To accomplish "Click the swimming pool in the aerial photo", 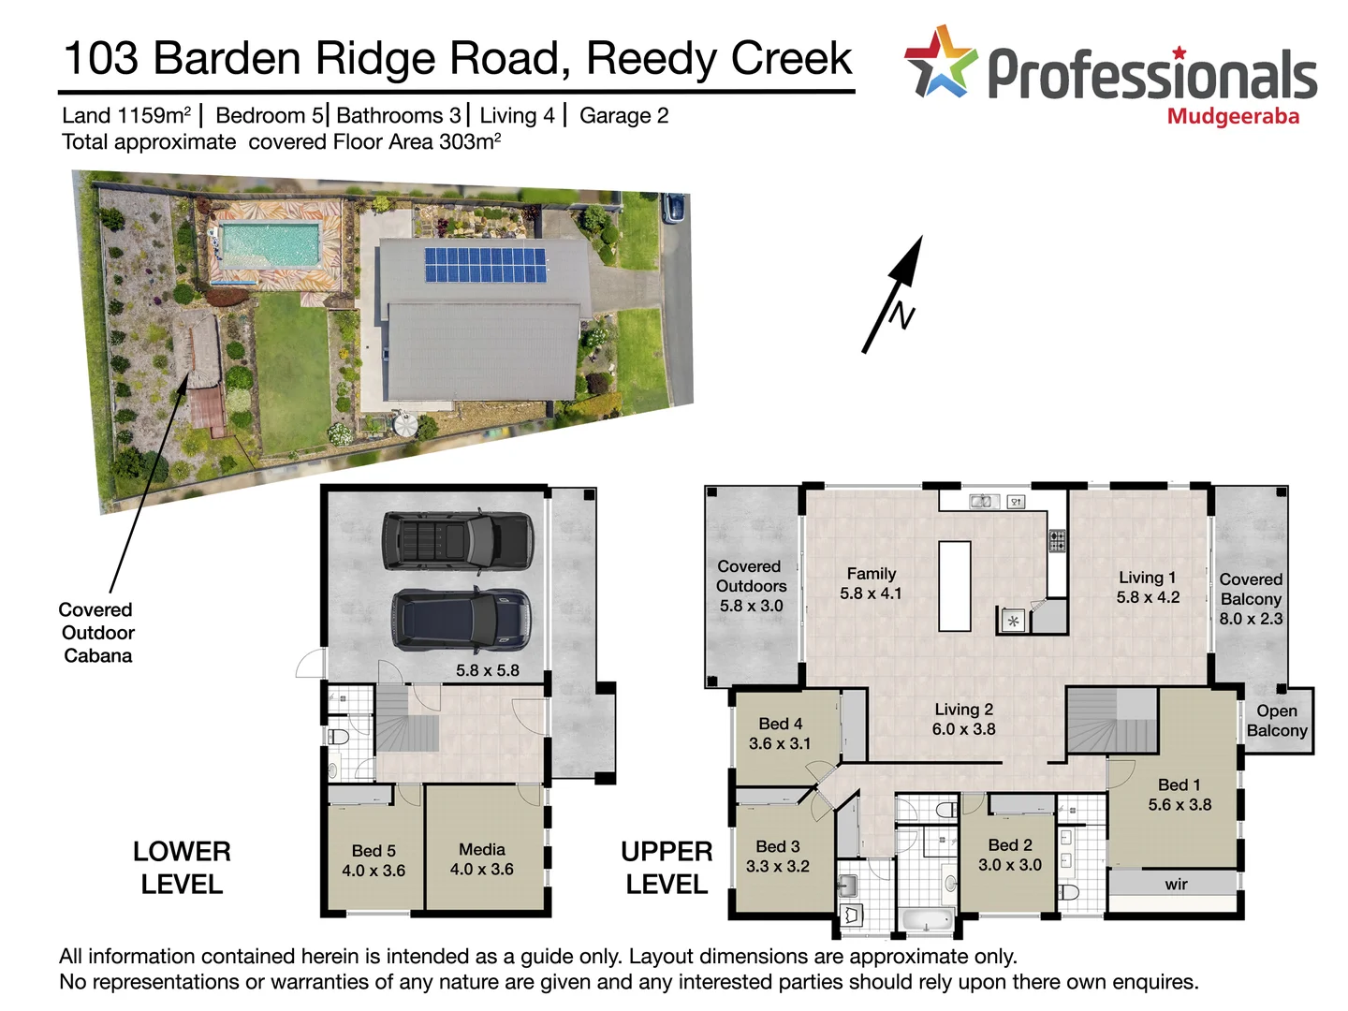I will coord(270,243).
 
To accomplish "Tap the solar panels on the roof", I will coord(485,265).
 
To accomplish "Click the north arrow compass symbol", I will coord(895,295).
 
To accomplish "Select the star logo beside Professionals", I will coord(940,63).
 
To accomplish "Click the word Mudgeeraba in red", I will coord(1233,117).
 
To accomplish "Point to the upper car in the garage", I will coord(458,541).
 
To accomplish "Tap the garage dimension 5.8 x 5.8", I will coord(487,670).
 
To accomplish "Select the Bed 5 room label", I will coord(374,860).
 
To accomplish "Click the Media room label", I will coord(481,859).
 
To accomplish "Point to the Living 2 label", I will coord(963,719).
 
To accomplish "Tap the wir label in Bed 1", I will coord(1176,885).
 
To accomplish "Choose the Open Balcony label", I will coord(1277,721).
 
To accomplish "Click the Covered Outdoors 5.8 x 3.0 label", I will coord(751,586).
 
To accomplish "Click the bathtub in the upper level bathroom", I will coord(926,920).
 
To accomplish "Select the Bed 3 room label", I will coord(777,857).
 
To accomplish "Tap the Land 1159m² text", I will coord(126,116).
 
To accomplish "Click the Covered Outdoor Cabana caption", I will coord(96,633).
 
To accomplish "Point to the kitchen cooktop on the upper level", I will coord(1057,541).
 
